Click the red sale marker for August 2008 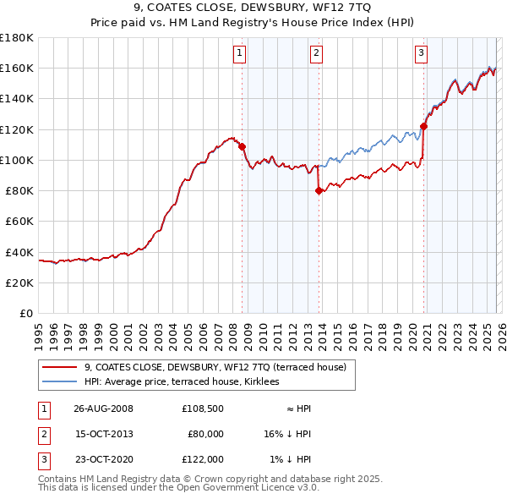243,146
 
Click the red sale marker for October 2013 319,190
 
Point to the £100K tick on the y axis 17,160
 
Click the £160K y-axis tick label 17,68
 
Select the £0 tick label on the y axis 25,313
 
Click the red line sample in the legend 59,367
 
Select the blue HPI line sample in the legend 59,381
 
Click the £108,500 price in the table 202,409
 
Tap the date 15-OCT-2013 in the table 104,434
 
